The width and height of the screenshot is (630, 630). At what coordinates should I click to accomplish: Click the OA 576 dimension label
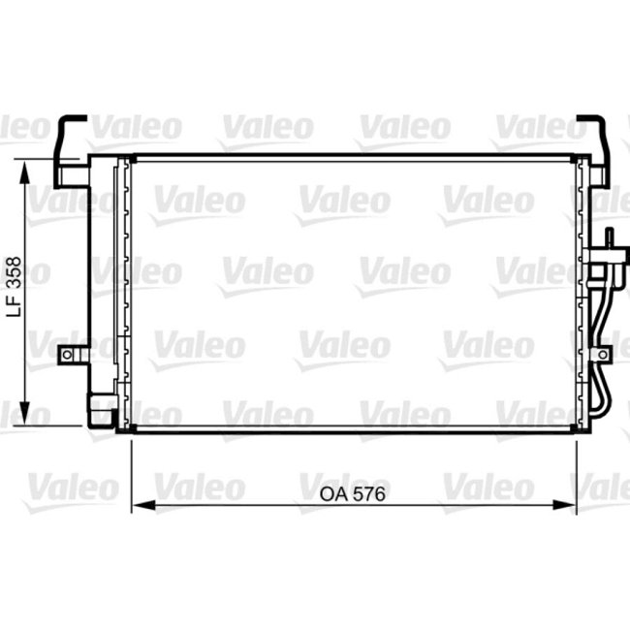click(x=353, y=494)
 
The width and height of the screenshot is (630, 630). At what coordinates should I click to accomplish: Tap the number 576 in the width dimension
click(x=369, y=494)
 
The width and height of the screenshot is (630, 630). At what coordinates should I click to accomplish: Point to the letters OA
click(x=332, y=494)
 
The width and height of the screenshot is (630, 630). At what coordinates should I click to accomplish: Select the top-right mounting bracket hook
click(x=593, y=145)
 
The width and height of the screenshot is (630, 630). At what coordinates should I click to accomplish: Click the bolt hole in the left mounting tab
click(x=67, y=356)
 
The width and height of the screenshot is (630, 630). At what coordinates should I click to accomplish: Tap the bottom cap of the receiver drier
click(x=100, y=415)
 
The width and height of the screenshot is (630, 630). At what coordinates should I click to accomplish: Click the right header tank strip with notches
click(x=582, y=291)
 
